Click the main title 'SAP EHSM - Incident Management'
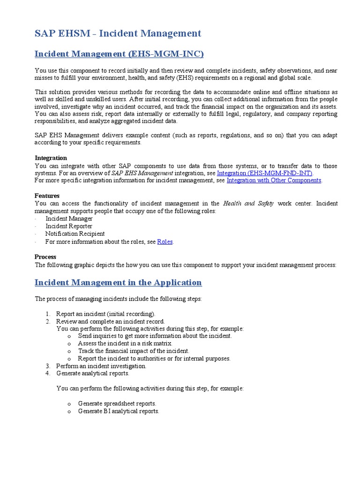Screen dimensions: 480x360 click(118, 33)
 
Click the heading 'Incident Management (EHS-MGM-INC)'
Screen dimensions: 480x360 click(119, 54)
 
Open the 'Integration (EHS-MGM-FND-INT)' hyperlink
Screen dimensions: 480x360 click(264, 173)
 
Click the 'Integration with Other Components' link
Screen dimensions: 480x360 click(274, 180)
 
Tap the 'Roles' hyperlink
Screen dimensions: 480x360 click(165, 242)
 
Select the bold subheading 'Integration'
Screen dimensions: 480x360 click(51, 158)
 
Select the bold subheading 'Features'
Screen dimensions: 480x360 click(47, 195)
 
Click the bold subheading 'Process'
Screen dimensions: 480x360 click(45, 257)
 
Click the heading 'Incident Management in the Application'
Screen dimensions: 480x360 click(118, 283)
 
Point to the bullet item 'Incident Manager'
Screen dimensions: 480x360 click(69, 219)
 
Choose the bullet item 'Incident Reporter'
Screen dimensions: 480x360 click(69, 226)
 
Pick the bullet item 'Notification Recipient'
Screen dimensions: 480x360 click(75, 234)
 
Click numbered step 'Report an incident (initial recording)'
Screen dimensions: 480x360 click(105, 314)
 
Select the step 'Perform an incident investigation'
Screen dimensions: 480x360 click(101, 366)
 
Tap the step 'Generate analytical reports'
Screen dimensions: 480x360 click(93, 374)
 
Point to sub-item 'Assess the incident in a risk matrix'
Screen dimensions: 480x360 click(125, 344)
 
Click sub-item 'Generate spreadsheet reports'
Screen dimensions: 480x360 click(117, 404)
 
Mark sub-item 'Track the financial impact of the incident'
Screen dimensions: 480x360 click(134, 351)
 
